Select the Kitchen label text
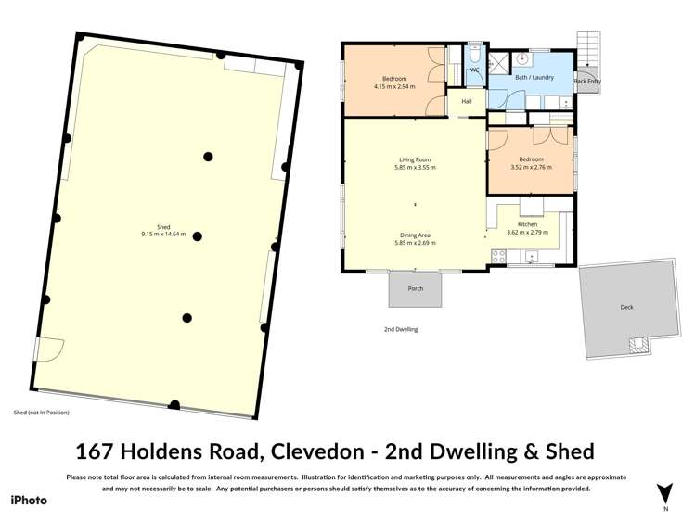[x=527, y=224]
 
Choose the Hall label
[x=467, y=101]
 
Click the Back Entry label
[x=586, y=82]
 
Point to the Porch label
[x=416, y=288]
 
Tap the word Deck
[x=627, y=307]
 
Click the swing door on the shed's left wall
[x=48, y=349]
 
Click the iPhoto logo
[x=29, y=500]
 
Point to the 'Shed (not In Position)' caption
[x=42, y=413]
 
